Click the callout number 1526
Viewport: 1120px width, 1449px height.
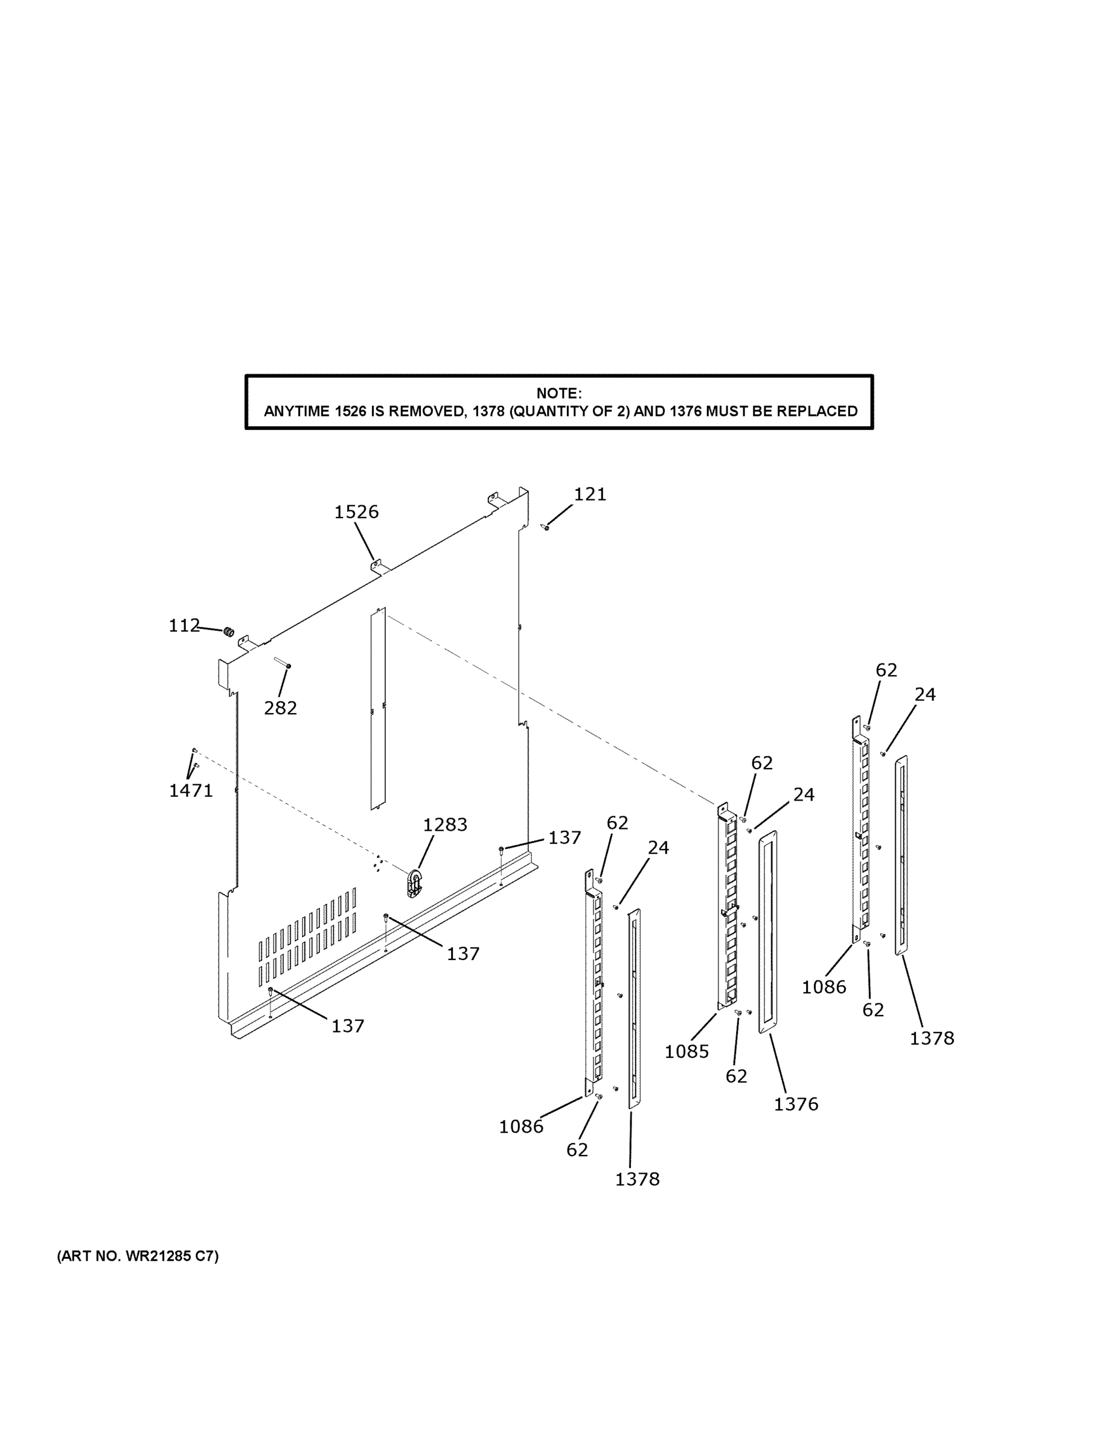pos(356,511)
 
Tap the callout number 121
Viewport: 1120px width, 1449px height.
pos(590,494)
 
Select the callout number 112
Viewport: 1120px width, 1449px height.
pos(184,625)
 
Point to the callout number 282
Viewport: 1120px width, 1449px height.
pos(280,708)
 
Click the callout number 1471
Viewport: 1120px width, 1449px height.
pos(190,790)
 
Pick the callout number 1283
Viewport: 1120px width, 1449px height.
pos(444,825)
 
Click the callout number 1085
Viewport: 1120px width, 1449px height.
pos(686,1051)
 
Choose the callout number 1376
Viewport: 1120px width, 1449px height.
pos(796,1104)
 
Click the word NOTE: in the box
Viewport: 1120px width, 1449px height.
pos(558,394)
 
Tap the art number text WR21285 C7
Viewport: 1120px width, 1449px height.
pos(171,1256)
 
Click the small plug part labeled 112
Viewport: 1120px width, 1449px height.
pos(229,631)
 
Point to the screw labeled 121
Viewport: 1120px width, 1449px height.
pos(546,528)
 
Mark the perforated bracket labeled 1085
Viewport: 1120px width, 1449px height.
pos(727,909)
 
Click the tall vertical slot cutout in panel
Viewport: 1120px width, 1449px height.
pos(377,709)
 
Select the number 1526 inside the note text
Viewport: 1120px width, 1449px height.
pos(350,411)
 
